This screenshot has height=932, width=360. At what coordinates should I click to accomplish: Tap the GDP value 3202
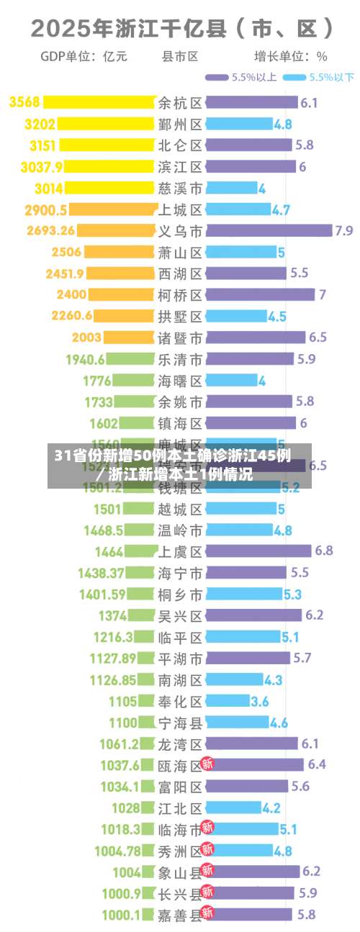coord(40,125)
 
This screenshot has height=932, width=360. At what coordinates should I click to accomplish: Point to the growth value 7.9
coord(343,231)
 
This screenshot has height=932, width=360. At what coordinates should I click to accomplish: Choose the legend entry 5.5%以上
coord(241,77)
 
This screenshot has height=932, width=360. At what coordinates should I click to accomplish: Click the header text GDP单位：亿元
coord(84,56)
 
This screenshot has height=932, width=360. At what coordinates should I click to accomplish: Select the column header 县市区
coord(180,56)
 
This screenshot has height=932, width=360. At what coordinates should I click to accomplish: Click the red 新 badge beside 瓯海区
coord(207,764)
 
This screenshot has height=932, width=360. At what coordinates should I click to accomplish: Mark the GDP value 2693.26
coord(50,231)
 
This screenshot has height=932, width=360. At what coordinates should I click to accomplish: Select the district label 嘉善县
coord(180,915)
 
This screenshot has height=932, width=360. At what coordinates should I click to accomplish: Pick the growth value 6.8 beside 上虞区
coord(323,551)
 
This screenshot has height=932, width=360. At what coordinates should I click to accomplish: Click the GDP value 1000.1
coord(120,915)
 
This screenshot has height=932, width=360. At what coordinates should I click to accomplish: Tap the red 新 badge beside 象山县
coord(207,871)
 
